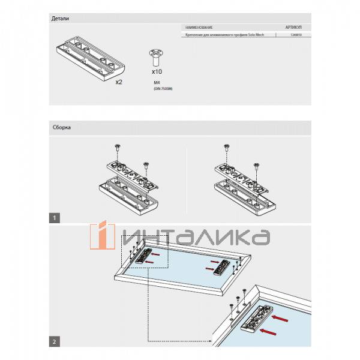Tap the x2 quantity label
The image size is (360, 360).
tap(119, 82)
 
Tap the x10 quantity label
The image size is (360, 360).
tap(157, 71)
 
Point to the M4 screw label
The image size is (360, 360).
tap(157, 82)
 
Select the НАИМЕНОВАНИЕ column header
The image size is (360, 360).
tap(199, 28)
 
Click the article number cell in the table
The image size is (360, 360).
tap(296, 35)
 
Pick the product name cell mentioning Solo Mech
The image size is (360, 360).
tap(222, 35)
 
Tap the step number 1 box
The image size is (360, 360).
tap(55, 217)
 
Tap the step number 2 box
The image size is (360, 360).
tap(55, 341)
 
